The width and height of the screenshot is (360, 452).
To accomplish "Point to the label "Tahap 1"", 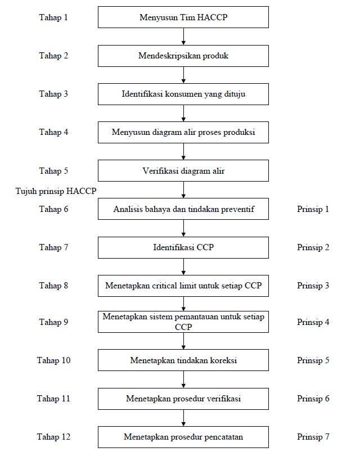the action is (53, 17).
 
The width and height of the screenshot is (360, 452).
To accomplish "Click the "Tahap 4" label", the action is (53, 132).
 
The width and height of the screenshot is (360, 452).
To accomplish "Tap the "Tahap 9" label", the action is (53, 322).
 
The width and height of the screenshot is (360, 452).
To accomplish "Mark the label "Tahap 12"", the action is (53, 437).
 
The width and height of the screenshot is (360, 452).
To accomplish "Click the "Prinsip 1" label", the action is (313, 209).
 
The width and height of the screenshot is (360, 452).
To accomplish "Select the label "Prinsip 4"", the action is (313, 322).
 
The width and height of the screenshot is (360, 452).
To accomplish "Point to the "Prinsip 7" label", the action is (313, 437).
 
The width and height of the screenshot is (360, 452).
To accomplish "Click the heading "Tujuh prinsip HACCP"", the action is (56, 191).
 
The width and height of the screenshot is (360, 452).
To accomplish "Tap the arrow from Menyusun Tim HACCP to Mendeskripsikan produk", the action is (183, 37).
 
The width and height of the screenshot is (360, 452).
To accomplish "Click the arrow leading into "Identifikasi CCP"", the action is (183, 228).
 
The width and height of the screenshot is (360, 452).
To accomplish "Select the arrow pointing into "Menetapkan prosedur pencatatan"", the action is (183, 418).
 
